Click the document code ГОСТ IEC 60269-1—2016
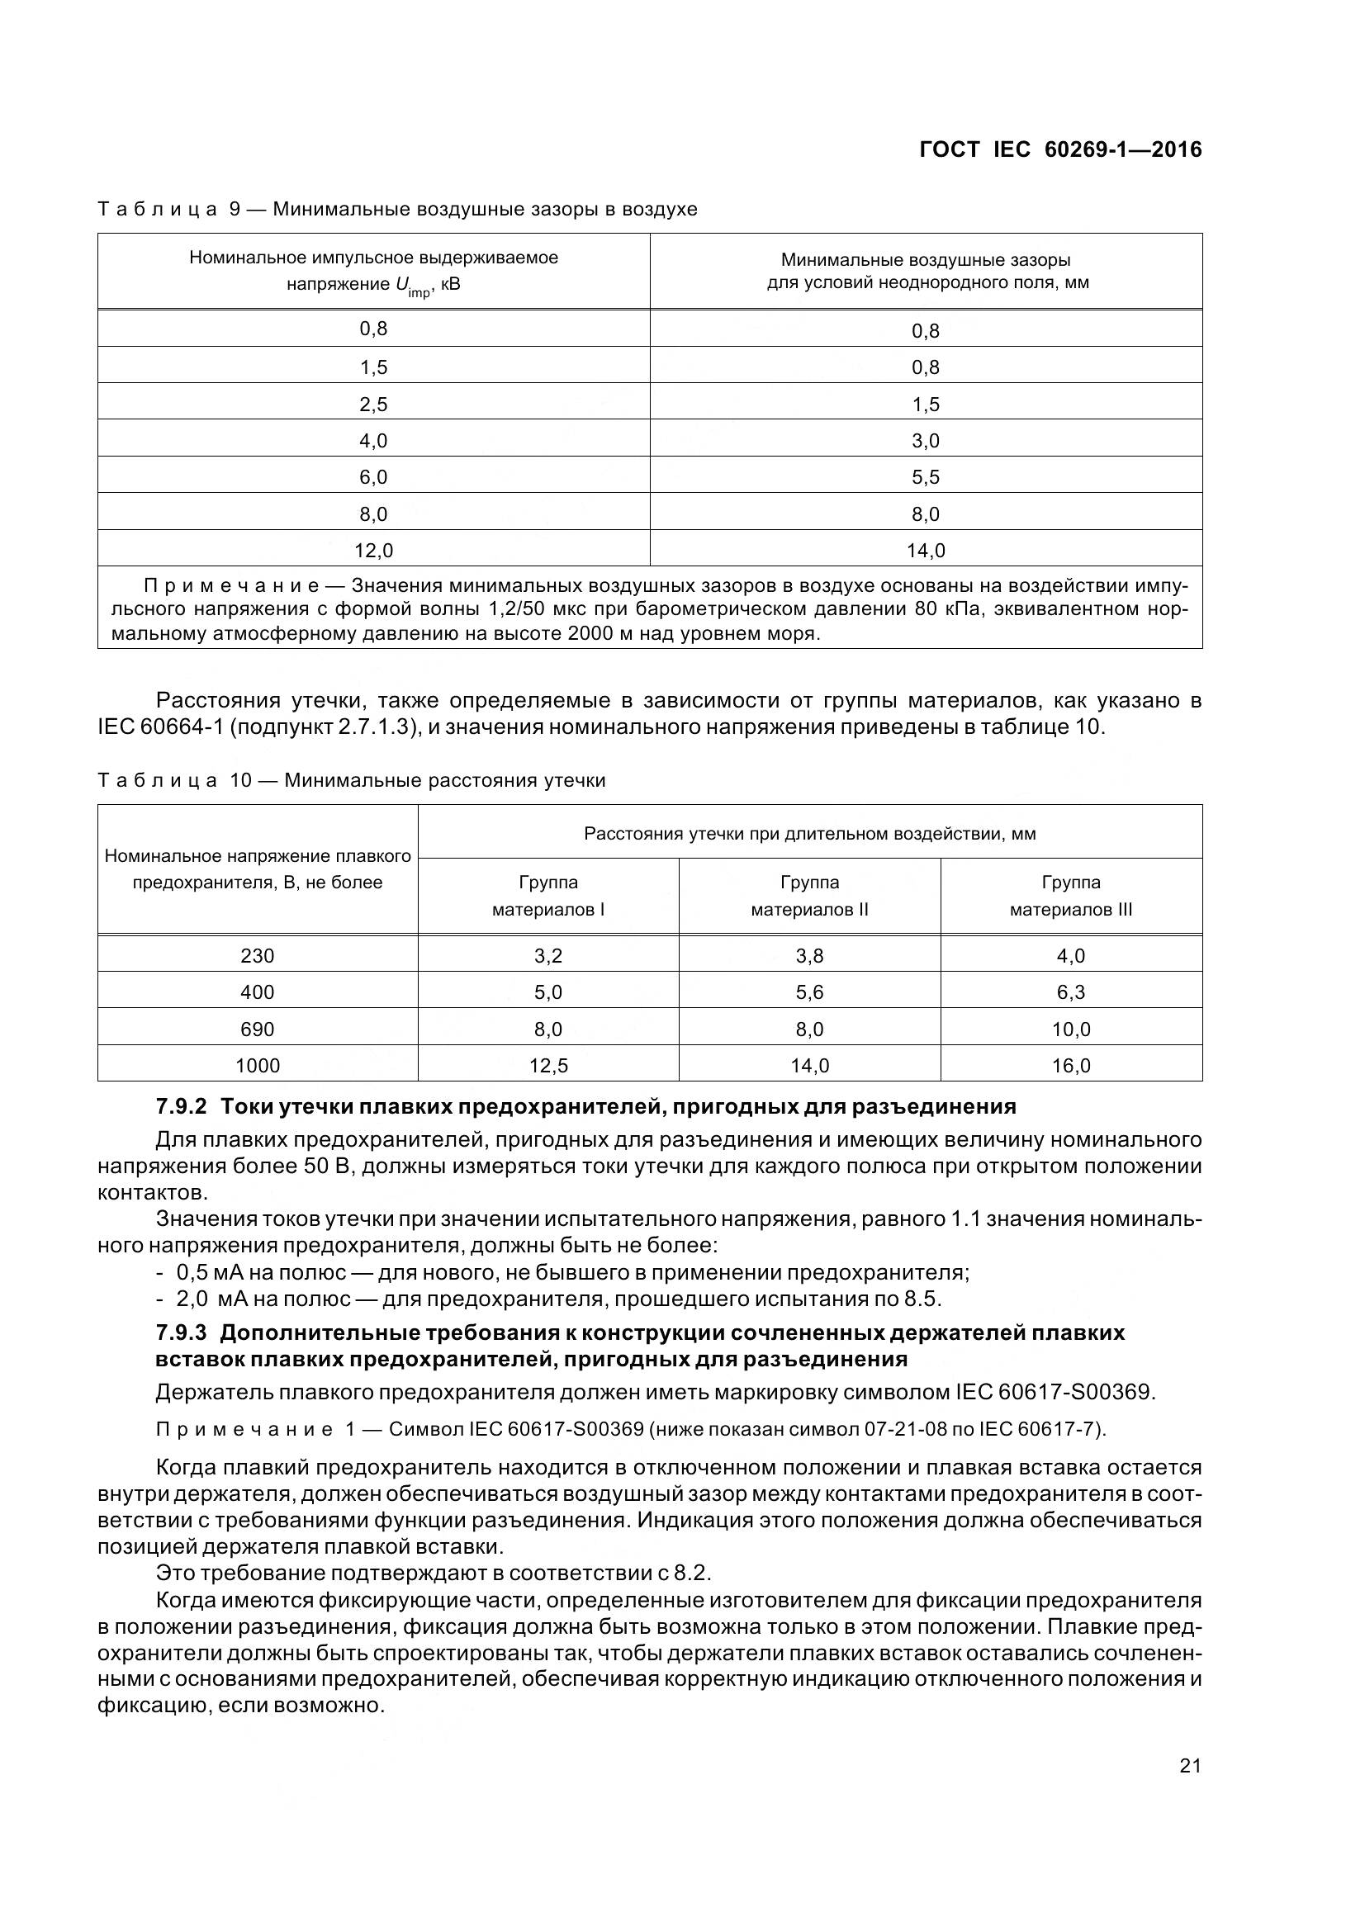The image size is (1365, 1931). pyautogui.click(x=1059, y=149)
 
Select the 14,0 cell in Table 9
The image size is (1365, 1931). pyautogui.click(x=925, y=551)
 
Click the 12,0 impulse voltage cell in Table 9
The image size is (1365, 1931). pyautogui.click(x=373, y=551)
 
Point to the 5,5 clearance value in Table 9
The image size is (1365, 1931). pyautogui.click(x=925, y=478)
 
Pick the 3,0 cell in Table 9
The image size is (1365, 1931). pyautogui.click(x=925, y=441)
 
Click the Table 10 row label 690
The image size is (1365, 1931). pyautogui.click(x=258, y=1029)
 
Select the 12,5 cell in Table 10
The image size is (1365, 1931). pyautogui.click(x=548, y=1066)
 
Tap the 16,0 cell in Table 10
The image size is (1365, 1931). pyautogui.click(x=1071, y=1066)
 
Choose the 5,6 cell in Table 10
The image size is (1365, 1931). pyautogui.click(x=809, y=992)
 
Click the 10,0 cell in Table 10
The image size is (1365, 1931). pyautogui.click(x=1071, y=1029)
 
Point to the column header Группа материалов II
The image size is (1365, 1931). pyautogui.click(x=809, y=896)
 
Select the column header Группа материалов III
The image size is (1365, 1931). pyautogui.click(x=1071, y=896)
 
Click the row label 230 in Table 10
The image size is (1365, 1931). pyautogui.click(x=258, y=956)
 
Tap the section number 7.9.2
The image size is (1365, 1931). pyautogui.click(x=181, y=1107)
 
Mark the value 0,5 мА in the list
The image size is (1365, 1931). pyautogui.click(x=210, y=1272)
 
